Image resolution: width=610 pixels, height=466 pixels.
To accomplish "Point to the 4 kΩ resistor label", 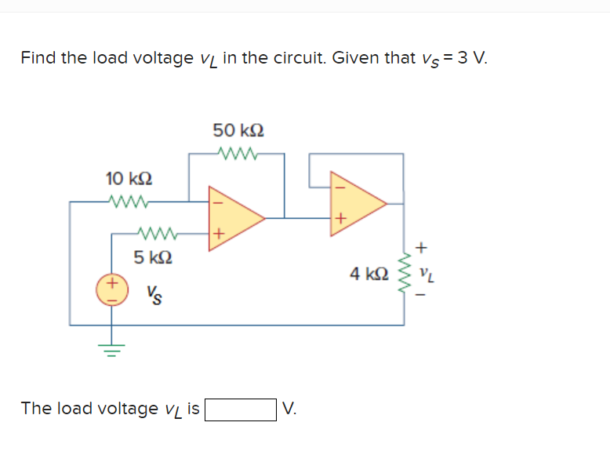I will click(369, 274).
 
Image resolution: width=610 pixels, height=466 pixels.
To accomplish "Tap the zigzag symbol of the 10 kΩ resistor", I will click(127, 202).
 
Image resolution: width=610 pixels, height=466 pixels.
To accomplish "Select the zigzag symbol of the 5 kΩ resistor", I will click(155, 233).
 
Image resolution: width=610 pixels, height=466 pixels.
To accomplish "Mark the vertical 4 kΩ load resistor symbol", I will click(405, 273).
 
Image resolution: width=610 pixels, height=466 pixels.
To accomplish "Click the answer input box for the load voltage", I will click(240, 409).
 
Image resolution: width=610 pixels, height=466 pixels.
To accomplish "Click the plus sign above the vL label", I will click(422, 248).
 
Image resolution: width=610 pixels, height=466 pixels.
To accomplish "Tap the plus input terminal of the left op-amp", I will click(220, 233).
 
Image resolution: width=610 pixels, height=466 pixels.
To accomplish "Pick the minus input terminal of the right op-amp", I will click(340, 187).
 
